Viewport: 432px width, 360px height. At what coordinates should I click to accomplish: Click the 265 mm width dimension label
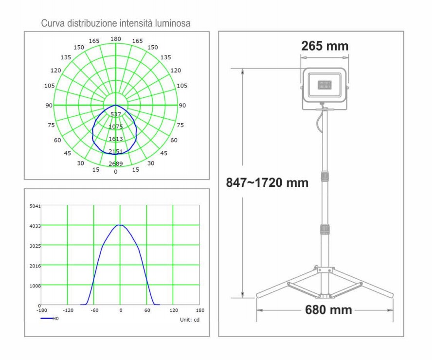click(x=325, y=46)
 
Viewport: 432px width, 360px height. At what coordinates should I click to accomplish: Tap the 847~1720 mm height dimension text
click(x=267, y=182)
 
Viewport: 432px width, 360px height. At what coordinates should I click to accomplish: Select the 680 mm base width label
click(x=328, y=310)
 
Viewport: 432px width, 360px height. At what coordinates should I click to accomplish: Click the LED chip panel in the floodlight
click(x=324, y=85)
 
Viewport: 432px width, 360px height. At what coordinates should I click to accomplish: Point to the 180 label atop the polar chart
click(x=116, y=39)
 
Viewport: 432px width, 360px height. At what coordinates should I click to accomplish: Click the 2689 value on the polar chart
click(x=116, y=163)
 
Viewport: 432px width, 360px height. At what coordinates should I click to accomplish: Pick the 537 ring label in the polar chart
click(x=116, y=114)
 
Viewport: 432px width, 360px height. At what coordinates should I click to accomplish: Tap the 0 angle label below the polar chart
click(x=116, y=172)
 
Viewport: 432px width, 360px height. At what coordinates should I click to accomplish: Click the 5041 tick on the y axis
click(x=35, y=206)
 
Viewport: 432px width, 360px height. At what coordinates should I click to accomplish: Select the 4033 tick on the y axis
click(x=35, y=226)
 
